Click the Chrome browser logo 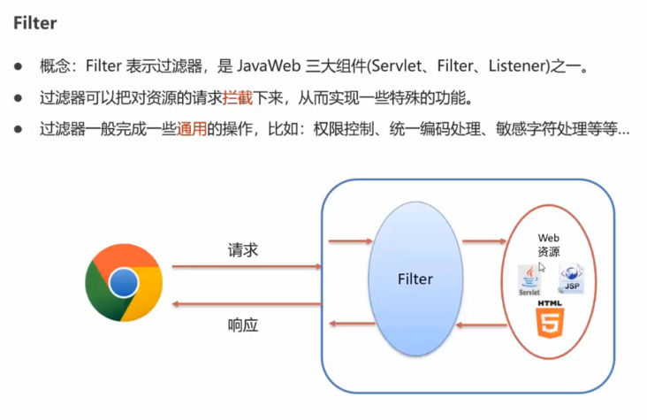pyautogui.click(x=124, y=283)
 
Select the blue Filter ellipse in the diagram pyautogui.click(x=415, y=279)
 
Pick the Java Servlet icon pyautogui.click(x=529, y=279)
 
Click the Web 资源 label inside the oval pyautogui.click(x=549, y=245)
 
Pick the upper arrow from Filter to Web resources pyautogui.click(x=483, y=241)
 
